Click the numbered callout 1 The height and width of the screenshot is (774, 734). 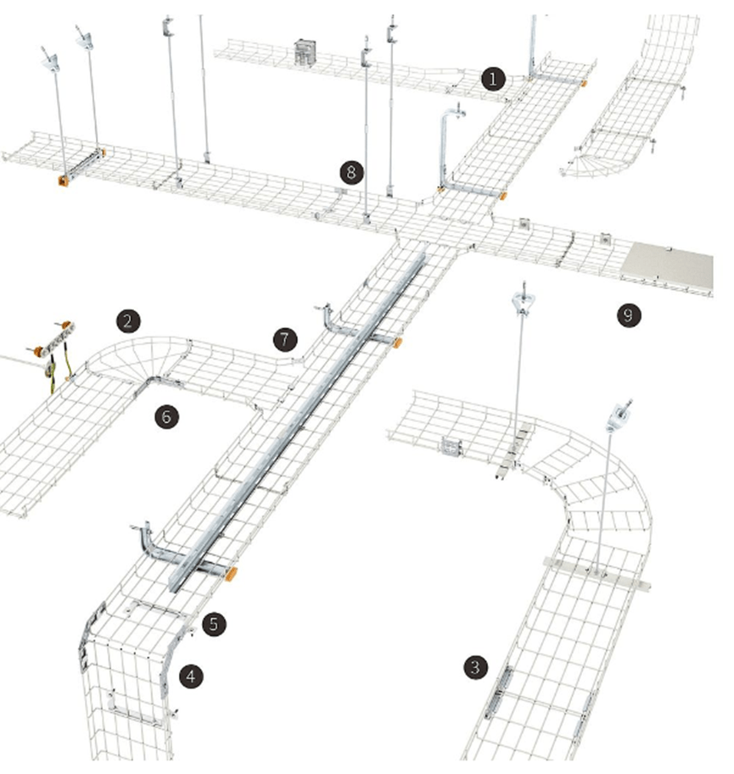coord(493,79)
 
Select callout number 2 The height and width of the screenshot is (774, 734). coord(128,322)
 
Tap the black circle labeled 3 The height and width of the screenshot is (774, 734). coord(475,667)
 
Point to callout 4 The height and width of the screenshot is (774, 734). coord(191,677)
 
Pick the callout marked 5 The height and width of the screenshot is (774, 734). coord(213,624)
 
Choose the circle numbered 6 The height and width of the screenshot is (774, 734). coord(166,416)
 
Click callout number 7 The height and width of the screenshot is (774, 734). coord(285,340)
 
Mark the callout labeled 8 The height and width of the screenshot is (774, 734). coord(351,172)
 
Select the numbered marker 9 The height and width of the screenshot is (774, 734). coord(629,315)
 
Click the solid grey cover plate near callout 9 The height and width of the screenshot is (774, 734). coord(667,265)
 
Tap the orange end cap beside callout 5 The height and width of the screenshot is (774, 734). coord(231,574)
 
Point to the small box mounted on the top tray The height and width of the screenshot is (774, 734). coord(305,52)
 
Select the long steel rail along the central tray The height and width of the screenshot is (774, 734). coord(296,422)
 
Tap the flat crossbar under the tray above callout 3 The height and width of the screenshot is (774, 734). coord(597,574)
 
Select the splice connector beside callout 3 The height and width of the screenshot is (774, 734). coord(499,692)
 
